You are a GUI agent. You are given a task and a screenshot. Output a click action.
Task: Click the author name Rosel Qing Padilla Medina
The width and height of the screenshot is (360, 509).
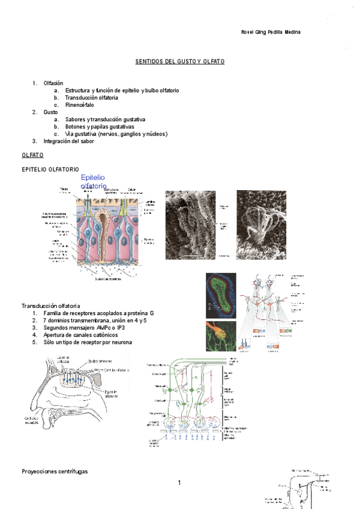coord(266,32)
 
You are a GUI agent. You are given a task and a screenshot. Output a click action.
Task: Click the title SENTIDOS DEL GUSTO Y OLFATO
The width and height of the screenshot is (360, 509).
coord(179,62)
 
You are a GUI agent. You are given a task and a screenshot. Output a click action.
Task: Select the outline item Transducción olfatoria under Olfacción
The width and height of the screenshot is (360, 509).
coord(91,97)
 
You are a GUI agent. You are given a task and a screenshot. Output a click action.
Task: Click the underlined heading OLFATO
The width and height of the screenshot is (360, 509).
coord(32,155)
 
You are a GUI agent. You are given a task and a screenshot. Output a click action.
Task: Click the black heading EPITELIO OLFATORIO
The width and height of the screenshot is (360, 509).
coord(50,170)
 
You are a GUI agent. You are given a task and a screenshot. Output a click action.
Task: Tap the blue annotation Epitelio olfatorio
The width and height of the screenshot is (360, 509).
coord(93,182)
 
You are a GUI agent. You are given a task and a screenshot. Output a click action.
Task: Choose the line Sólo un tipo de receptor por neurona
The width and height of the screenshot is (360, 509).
coord(88,342)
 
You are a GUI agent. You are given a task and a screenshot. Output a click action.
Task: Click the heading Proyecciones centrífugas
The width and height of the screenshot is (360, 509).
coord(55,472)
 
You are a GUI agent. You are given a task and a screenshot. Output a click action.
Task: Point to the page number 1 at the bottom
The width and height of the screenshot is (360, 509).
coord(179,483)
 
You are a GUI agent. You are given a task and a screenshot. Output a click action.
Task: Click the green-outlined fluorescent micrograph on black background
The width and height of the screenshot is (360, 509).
coord(221,294)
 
